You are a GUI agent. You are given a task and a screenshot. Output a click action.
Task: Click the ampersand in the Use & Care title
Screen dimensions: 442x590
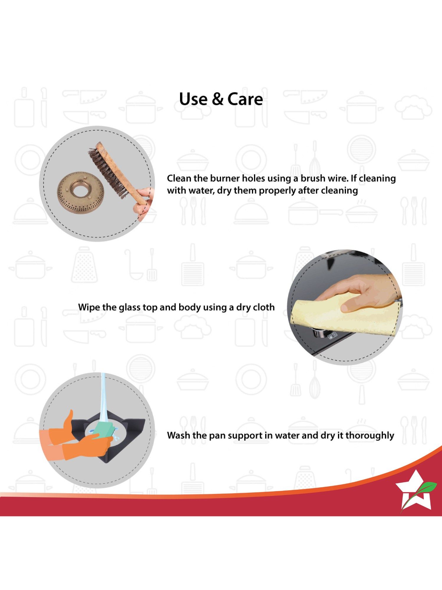click(x=218, y=99)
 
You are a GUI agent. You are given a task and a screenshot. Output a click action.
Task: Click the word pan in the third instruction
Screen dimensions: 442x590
click(x=217, y=436)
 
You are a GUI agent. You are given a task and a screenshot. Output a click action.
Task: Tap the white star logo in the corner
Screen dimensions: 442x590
click(x=414, y=492)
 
